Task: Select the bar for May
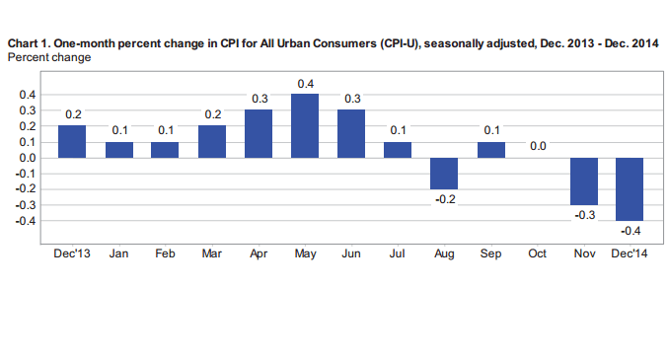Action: [x=305, y=126]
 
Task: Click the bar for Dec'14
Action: [x=631, y=189]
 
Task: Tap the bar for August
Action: [x=445, y=174]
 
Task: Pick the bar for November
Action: [x=584, y=181]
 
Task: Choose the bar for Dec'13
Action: [x=73, y=142]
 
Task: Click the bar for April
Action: [x=259, y=134]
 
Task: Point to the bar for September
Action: [x=491, y=150]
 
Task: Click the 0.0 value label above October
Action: [x=538, y=145]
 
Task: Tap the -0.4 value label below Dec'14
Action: [x=631, y=232]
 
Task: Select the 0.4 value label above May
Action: [x=305, y=82]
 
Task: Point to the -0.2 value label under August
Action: [x=445, y=200]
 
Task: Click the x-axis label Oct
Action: [x=538, y=254]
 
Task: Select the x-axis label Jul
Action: [x=398, y=254]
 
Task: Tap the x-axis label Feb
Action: [x=166, y=254]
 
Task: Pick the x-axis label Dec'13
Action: [x=73, y=254]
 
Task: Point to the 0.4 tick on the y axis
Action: [x=27, y=95]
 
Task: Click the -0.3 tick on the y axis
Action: [x=25, y=205]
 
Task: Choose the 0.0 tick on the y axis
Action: [x=27, y=158]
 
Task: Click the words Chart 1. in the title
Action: [x=30, y=44]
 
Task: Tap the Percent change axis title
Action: [x=48, y=58]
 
